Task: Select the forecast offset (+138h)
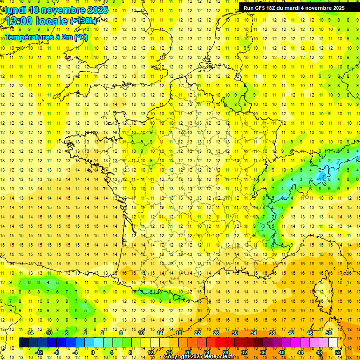(83, 21)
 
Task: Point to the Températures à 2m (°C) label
(46, 37)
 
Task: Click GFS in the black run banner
(262, 8)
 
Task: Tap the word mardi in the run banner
(298, 8)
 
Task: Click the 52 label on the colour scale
(338, 352)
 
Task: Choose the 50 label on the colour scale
(328, 333)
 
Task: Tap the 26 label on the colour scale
(216, 333)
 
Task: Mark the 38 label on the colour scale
(272, 333)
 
